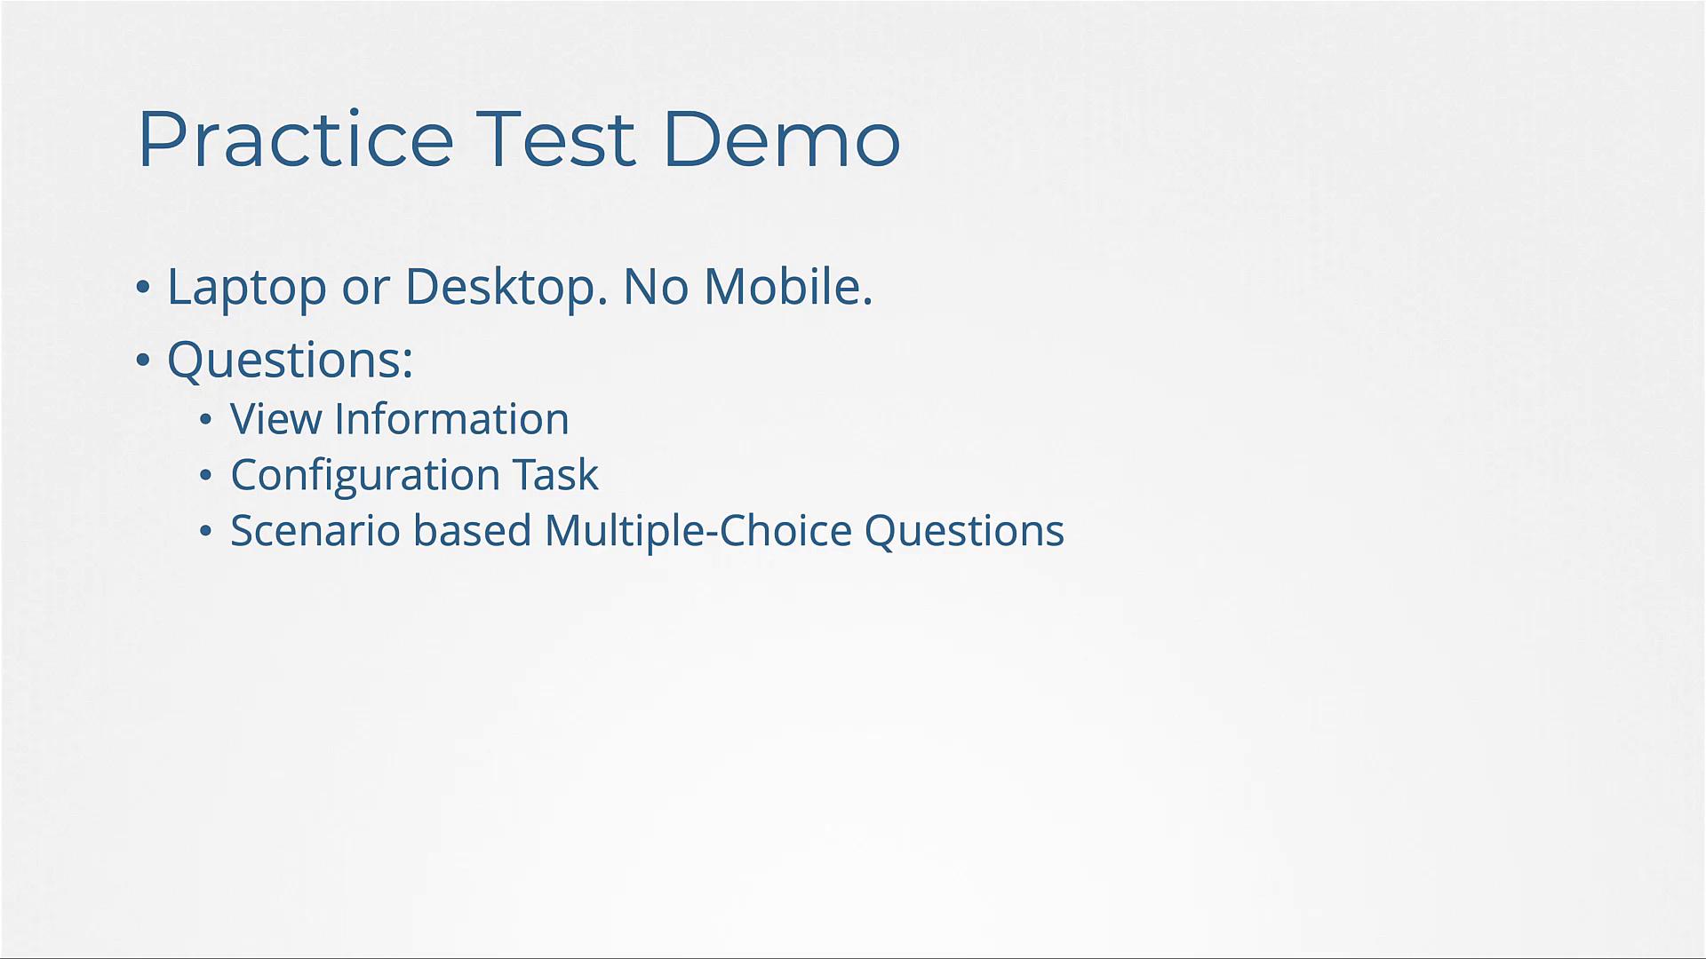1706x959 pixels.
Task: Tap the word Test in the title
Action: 556,139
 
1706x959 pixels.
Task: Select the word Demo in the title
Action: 782,139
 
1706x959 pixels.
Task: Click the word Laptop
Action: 247,288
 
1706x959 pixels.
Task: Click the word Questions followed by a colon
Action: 291,361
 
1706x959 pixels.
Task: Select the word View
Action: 276,419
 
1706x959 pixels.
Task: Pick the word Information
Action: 451,419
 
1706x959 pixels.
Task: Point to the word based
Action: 473,530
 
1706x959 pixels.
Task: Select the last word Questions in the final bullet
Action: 964,532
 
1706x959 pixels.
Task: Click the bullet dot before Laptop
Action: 143,288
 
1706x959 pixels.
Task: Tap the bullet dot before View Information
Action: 206,419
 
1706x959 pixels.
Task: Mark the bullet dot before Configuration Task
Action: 206,476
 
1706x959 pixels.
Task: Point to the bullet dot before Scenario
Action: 206,531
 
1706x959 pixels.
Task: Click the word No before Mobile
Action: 656,288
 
